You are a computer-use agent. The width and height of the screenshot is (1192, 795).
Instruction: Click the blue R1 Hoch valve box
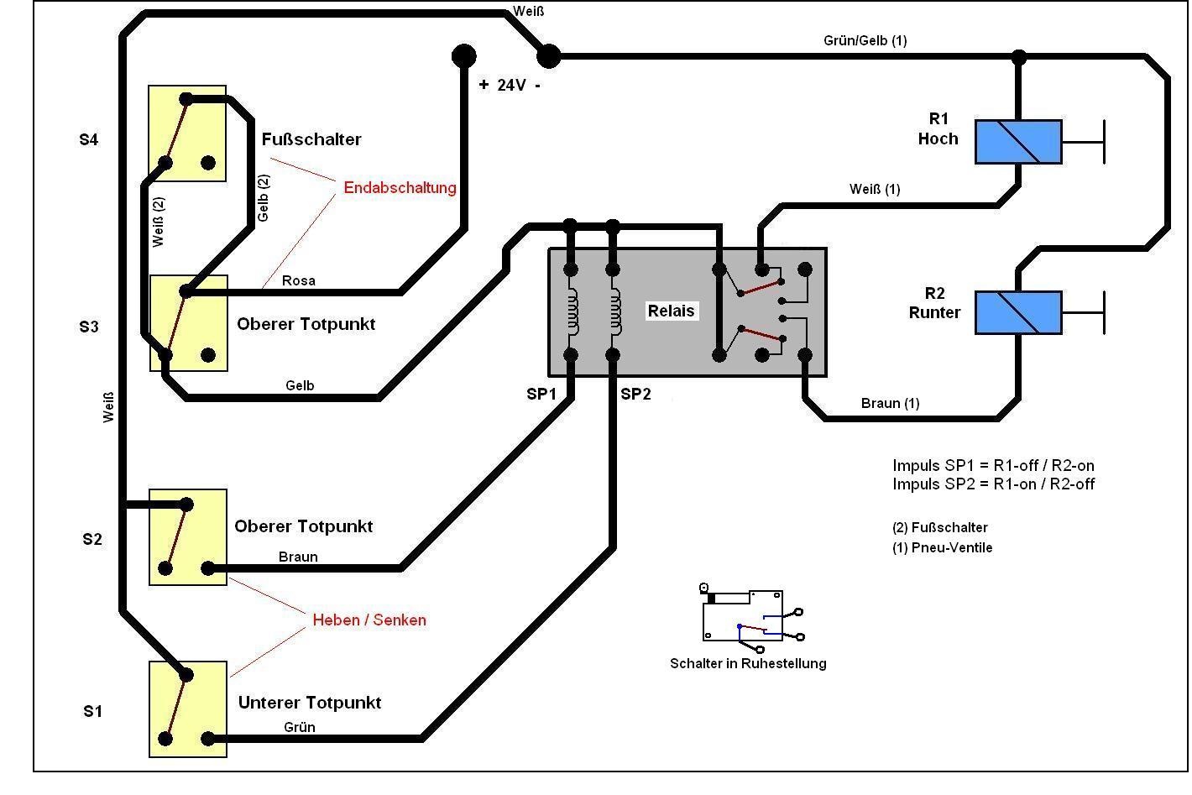(x=1017, y=142)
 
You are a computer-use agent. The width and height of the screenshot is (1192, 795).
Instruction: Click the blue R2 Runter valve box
(x=1017, y=312)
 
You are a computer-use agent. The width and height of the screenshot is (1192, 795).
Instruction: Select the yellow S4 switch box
(x=187, y=133)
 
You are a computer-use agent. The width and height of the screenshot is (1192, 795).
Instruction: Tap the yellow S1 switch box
(x=187, y=709)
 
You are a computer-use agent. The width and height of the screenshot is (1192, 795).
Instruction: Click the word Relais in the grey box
(x=671, y=311)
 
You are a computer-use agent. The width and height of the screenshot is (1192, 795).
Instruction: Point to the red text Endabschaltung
(x=400, y=187)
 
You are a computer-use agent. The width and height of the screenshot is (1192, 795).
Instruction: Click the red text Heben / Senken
(x=369, y=620)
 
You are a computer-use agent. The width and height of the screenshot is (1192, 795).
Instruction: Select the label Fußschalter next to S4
(x=311, y=139)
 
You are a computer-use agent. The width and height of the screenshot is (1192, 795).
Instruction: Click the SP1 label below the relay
(x=541, y=394)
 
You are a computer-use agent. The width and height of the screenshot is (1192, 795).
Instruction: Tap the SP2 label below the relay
(x=635, y=394)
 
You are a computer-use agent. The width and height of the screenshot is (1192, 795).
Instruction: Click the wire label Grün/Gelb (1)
(x=865, y=40)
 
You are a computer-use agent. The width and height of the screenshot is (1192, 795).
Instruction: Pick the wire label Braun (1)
(x=890, y=404)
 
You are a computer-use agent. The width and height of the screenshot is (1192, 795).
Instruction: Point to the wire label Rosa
(x=298, y=280)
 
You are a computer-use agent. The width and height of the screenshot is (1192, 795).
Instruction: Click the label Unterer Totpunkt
(x=310, y=703)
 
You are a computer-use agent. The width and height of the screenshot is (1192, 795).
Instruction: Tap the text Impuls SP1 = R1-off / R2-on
(x=993, y=465)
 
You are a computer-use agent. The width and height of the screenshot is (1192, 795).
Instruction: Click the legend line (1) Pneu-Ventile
(x=942, y=547)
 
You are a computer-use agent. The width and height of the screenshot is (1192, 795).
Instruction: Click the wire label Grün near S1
(x=299, y=727)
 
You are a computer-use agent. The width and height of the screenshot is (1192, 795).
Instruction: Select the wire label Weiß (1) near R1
(x=875, y=189)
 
